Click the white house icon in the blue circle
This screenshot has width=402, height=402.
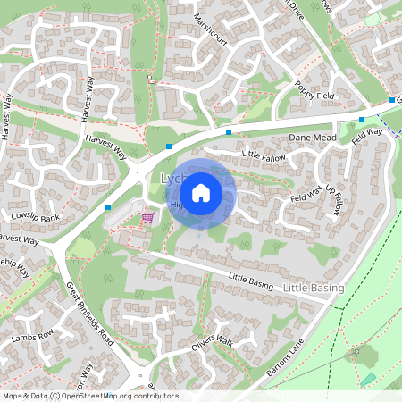tap(201, 192)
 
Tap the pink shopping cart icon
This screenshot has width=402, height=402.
tap(147, 217)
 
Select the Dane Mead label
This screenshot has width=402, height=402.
tap(311, 138)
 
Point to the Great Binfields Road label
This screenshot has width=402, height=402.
tap(90, 314)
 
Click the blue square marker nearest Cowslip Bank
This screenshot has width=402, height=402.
tap(108, 207)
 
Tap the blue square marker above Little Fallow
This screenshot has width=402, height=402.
tap(229, 132)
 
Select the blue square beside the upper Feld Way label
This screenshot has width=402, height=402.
tap(361, 120)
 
